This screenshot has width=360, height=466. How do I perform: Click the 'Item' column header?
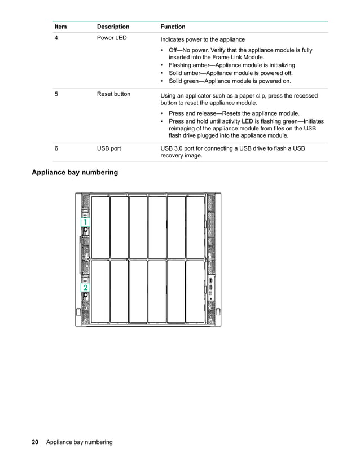(60, 27)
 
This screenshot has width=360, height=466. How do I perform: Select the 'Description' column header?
(113, 27)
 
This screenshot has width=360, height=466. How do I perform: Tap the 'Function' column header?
(173, 27)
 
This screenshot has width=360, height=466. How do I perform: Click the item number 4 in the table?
(56, 38)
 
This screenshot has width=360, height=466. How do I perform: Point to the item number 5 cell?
(56, 94)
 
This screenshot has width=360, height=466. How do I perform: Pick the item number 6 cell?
(56, 149)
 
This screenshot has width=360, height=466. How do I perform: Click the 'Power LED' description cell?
(112, 38)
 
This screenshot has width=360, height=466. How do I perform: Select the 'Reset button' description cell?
(113, 94)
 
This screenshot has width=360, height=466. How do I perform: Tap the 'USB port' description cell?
(109, 149)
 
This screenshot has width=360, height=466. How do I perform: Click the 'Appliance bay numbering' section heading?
(74, 172)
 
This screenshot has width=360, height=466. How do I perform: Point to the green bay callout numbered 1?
(85, 223)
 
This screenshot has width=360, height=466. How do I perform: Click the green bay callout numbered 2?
(85, 288)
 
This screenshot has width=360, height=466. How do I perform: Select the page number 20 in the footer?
(35, 442)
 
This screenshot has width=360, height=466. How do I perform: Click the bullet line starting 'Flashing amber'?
(232, 65)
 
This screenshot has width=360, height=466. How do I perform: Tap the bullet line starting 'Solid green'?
(230, 81)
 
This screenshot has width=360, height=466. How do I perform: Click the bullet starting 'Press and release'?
(234, 113)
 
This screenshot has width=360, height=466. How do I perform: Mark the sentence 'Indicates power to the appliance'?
(203, 39)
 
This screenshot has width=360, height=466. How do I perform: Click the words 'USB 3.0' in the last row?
(173, 149)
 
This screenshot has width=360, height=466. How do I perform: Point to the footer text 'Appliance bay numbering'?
(80, 442)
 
